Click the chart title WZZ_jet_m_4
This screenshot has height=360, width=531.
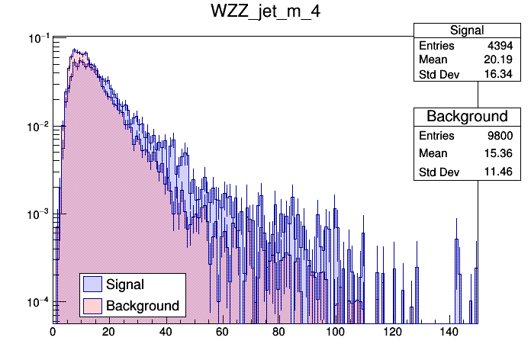(265, 14)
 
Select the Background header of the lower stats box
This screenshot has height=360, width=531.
(467, 117)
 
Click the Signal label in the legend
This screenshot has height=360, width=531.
(125, 284)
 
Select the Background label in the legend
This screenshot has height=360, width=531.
(143, 306)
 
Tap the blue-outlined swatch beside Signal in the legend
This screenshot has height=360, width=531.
(93, 284)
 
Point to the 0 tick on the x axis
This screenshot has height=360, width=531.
(53, 332)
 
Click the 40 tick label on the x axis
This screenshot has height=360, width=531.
(166, 332)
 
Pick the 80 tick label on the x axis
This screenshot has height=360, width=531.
(279, 332)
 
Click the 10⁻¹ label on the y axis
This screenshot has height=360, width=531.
(38, 38)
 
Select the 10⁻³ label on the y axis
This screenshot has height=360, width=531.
(38, 214)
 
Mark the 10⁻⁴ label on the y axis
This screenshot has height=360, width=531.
(38, 303)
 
